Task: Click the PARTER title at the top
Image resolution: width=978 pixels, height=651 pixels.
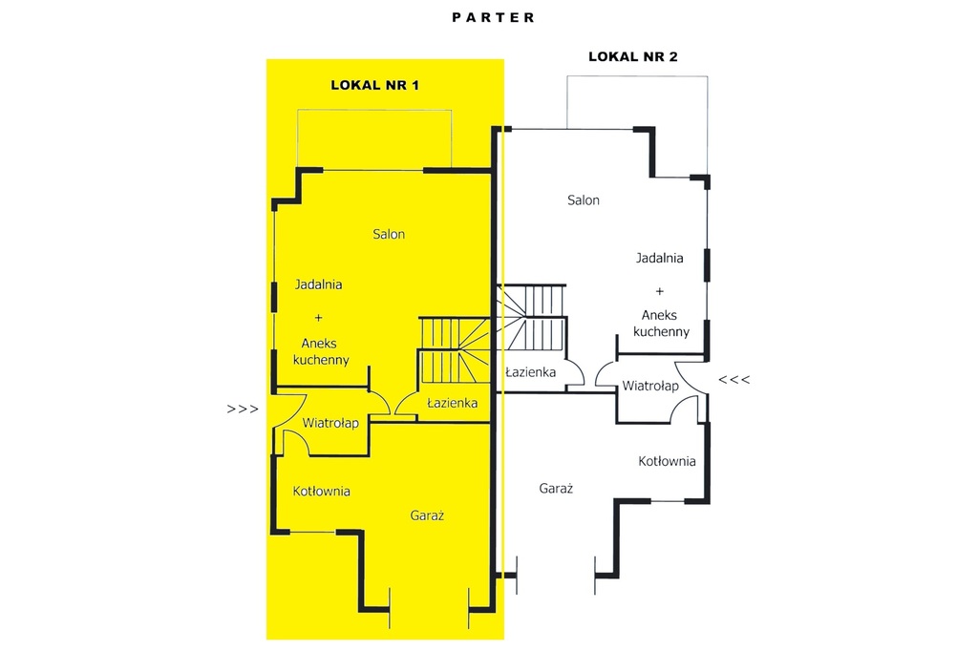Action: (494, 17)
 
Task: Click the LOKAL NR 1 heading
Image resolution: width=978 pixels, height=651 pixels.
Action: (374, 85)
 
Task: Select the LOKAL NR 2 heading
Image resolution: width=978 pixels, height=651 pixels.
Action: (633, 56)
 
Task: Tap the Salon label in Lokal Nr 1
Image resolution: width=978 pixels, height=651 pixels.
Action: (389, 235)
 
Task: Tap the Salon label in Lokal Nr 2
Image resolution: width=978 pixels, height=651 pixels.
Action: (584, 200)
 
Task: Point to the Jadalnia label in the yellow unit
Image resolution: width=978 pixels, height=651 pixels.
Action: (318, 284)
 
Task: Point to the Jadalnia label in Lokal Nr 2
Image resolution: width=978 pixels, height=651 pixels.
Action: (659, 258)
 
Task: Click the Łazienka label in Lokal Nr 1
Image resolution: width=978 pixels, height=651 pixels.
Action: (452, 403)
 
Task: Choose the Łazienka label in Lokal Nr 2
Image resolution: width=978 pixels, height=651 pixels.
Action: (530, 372)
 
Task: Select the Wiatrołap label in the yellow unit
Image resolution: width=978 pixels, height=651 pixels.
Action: (330, 424)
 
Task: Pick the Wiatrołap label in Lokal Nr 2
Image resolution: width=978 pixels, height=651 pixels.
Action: (649, 386)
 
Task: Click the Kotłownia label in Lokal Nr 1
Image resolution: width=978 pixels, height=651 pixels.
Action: (321, 492)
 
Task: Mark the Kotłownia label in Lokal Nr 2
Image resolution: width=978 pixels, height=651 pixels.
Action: (667, 461)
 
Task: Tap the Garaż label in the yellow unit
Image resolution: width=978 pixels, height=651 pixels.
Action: (427, 515)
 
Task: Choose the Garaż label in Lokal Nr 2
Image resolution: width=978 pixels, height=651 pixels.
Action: (556, 489)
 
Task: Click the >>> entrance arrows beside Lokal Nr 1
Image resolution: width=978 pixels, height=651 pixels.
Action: (243, 409)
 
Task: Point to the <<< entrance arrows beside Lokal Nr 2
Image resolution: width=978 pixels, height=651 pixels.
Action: (734, 379)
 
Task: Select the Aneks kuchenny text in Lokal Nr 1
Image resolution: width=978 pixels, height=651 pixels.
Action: (321, 351)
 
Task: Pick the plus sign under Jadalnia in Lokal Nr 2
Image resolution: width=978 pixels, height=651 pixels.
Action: (659, 291)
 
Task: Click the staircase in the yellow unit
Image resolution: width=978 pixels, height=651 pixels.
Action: (454, 349)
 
